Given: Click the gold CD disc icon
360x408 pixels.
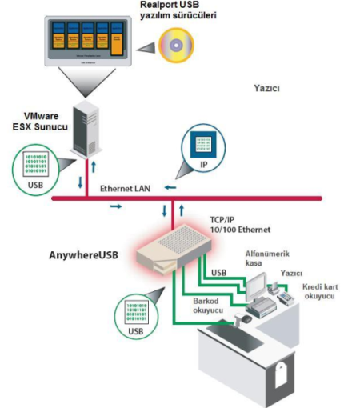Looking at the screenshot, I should point(175,46).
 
